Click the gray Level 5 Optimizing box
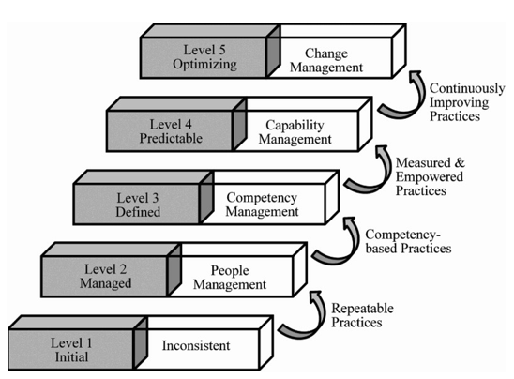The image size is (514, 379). tap(203, 58)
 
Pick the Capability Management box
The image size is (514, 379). tap(295, 131)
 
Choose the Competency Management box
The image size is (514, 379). tap(263, 205)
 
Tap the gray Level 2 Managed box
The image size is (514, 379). tap(104, 277)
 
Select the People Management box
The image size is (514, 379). tap(230, 277)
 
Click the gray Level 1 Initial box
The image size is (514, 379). tap(71, 350)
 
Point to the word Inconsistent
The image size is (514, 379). tap(196, 345)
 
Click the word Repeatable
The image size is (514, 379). tap(363, 309)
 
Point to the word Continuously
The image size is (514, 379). tap(467, 88)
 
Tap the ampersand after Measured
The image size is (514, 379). tap(460, 162)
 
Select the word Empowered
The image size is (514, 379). tap(429, 176)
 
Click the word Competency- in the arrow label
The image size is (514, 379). tap(403, 235)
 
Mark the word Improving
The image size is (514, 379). tap(459, 102)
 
